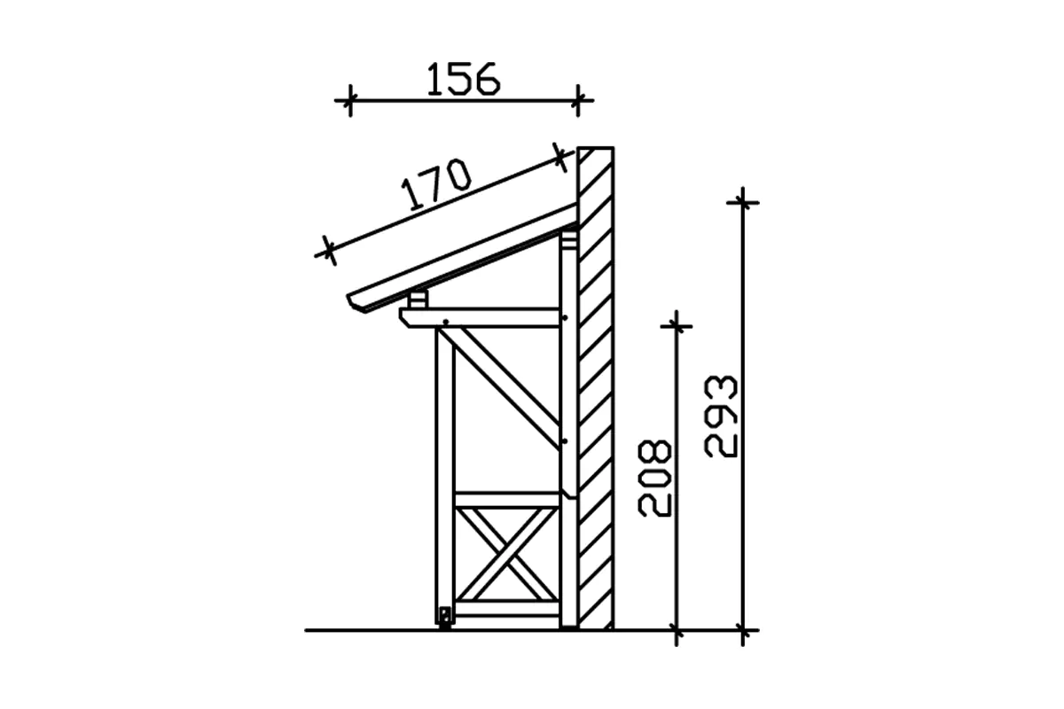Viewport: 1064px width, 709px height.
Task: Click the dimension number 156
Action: coord(463,79)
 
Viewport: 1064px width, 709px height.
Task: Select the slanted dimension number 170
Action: coord(436,184)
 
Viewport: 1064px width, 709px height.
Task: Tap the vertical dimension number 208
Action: coord(655,479)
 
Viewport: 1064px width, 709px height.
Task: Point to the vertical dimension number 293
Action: coord(721,417)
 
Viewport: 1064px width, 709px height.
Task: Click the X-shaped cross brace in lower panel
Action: coord(507,555)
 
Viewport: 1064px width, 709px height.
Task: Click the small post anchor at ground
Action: coord(445,618)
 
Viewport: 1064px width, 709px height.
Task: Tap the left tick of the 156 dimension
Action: coord(350,101)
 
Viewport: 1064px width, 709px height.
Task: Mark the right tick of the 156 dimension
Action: coord(577,101)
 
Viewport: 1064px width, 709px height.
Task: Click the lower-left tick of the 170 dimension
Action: coord(329,251)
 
